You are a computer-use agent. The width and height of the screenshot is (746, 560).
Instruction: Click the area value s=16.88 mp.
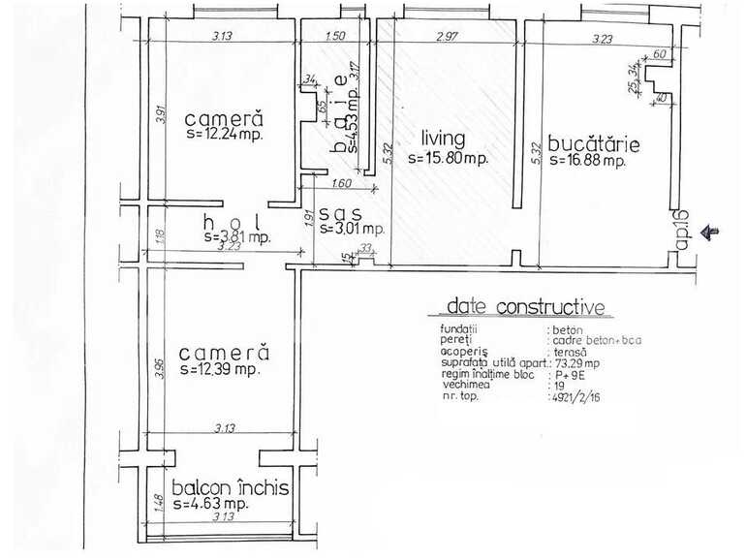[588, 161]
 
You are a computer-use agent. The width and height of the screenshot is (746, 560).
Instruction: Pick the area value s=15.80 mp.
[447, 158]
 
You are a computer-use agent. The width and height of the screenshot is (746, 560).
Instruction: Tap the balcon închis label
[230, 488]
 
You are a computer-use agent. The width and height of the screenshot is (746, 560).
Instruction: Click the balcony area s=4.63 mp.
[210, 505]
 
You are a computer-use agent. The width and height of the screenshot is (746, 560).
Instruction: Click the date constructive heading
[525, 308]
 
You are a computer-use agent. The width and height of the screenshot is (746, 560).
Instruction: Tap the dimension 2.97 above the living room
[447, 37]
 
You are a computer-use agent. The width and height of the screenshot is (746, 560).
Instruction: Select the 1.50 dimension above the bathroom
[335, 37]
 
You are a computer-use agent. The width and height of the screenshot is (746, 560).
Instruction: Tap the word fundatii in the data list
[458, 330]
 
